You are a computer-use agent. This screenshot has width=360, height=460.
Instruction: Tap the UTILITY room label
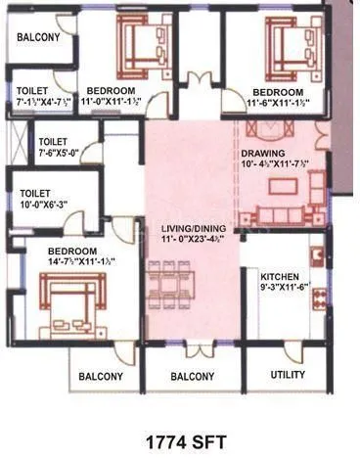[288, 375]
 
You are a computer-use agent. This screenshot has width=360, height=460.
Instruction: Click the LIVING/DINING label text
[193, 228]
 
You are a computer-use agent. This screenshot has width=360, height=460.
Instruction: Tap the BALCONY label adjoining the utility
[193, 376]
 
